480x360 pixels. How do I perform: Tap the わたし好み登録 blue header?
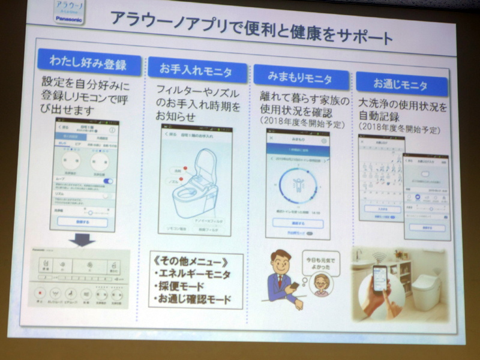[x=89, y=64]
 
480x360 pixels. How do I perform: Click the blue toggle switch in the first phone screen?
[x=109, y=181]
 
